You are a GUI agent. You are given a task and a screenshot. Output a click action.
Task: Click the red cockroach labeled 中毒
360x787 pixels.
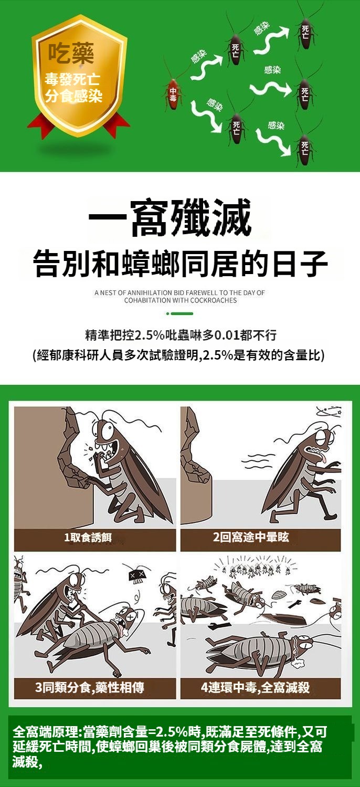coord(173,94)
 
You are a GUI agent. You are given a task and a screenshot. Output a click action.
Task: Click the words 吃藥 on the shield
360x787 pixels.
coord(71,54)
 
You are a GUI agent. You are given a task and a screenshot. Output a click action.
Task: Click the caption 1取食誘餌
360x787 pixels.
coord(88,537)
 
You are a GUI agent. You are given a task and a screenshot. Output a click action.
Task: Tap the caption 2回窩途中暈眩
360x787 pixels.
coord(251,537)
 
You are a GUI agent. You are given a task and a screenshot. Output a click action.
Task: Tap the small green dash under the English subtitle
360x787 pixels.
coord(182,313)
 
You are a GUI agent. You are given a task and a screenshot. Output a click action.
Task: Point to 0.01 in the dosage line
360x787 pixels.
coord(227,335)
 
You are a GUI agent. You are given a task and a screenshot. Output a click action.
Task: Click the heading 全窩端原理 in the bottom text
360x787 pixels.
coord(45,732)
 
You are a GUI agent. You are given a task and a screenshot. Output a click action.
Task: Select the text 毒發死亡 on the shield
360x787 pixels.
coord(72,80)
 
